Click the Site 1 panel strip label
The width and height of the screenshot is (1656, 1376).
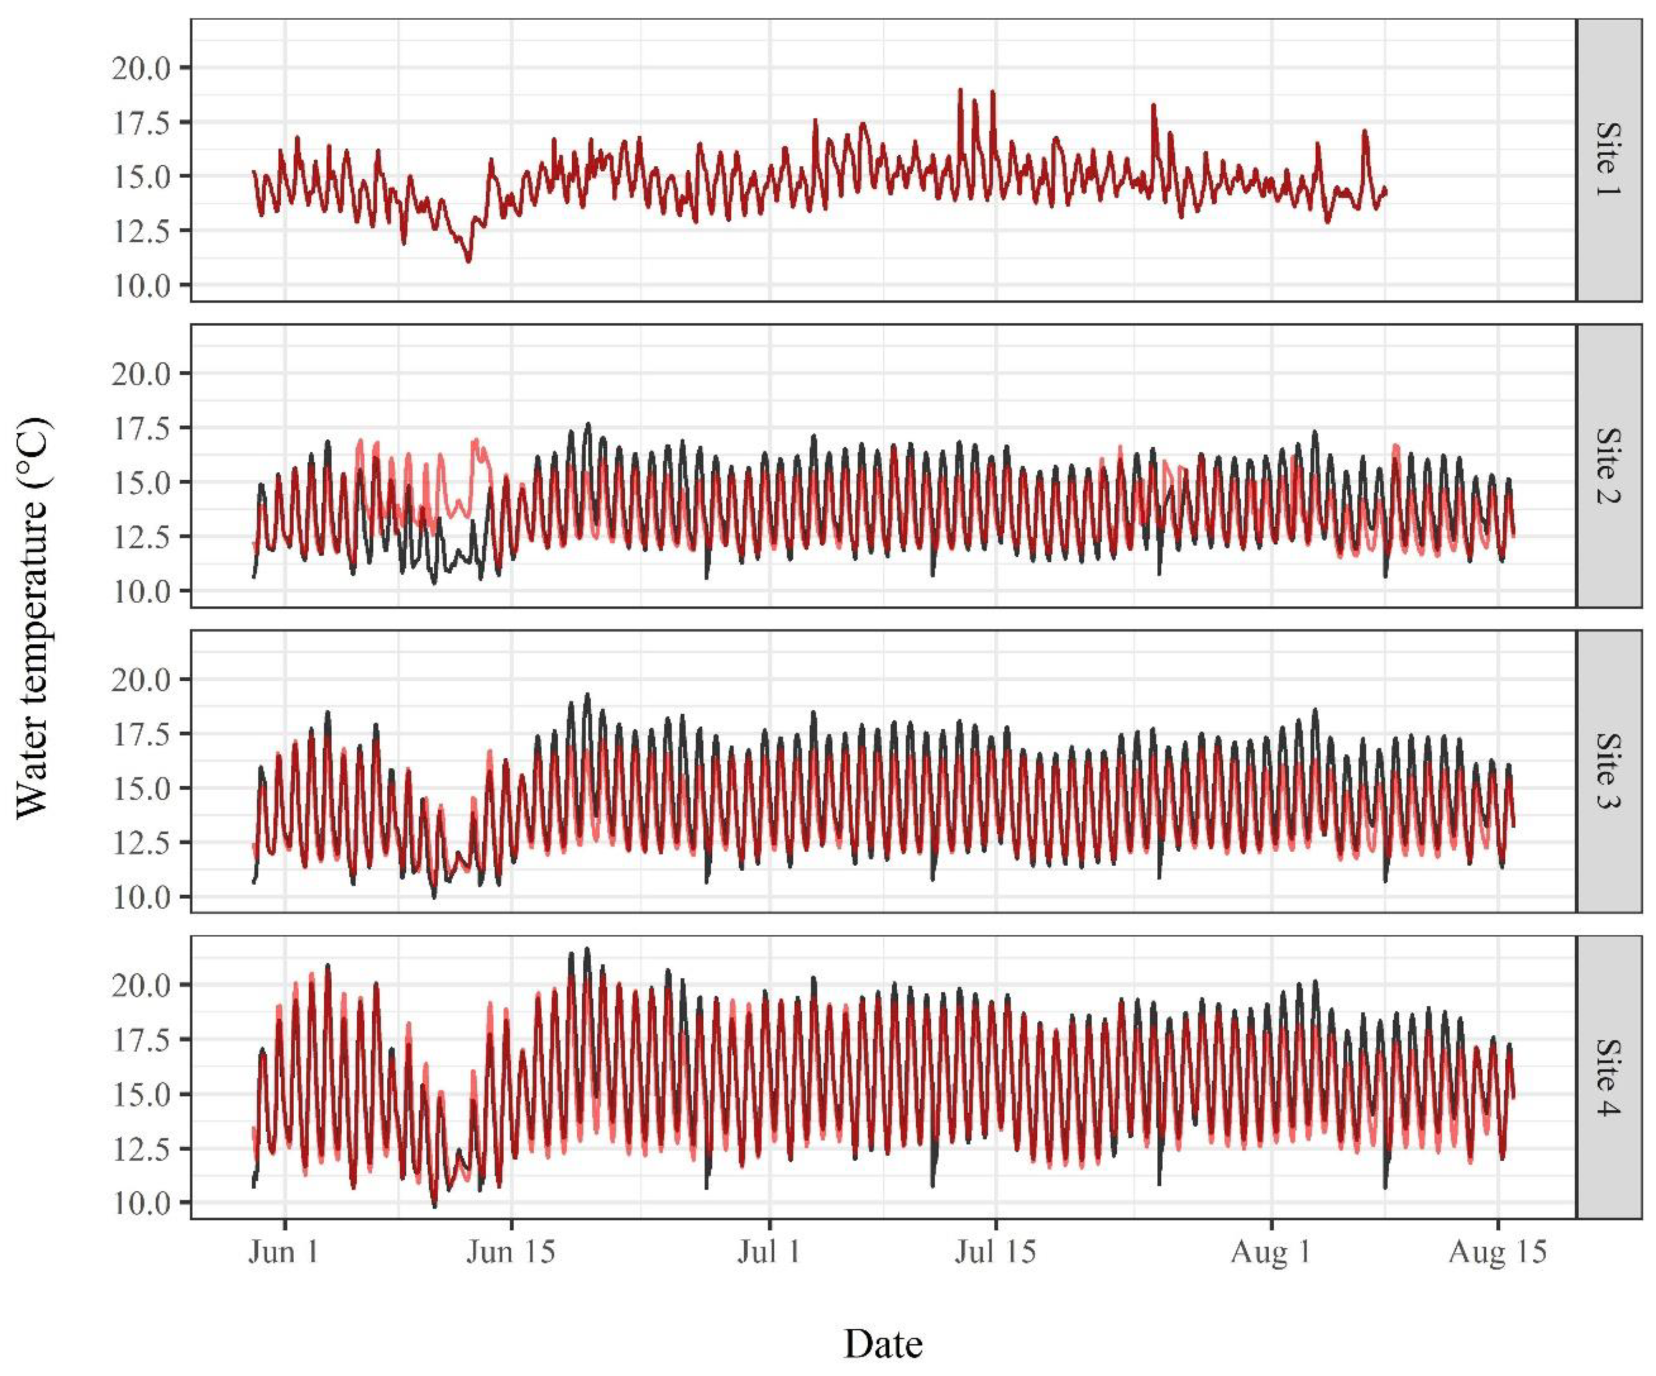(x=1609, y=160)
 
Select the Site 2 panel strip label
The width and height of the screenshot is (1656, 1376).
(x=1609, y=465)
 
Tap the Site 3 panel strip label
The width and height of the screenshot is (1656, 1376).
(x=1609, y=771)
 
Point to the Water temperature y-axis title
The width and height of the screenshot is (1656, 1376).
(x=33, y=619)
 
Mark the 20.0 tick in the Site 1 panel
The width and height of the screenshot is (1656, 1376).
(x=141, y=69)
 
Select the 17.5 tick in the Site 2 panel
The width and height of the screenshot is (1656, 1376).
(x=141, y=428)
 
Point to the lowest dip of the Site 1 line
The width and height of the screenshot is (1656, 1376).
(x=468, y=261)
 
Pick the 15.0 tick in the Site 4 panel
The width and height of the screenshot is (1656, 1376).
(x=141, y=1094)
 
